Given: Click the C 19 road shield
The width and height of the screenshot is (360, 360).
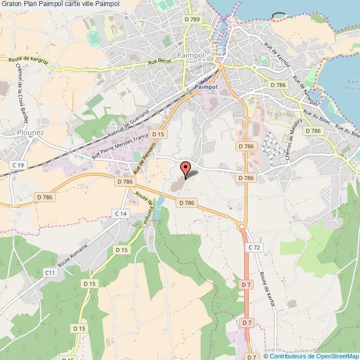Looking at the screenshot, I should (x=19, y=166).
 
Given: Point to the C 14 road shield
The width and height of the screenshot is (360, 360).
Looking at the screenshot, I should (x=121, y=213).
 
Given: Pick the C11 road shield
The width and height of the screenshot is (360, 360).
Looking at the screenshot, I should (x=50, y=272).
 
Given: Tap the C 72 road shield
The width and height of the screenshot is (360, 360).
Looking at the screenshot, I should (x=254, y=248).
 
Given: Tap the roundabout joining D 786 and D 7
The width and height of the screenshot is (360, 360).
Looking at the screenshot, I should (x=241, y=225).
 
